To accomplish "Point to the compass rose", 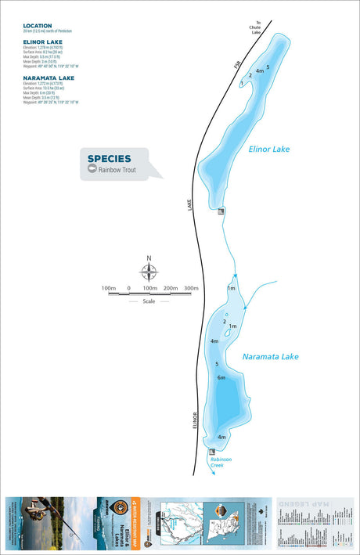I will (x=149, y=272).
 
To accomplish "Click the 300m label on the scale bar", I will (x=191, y=289).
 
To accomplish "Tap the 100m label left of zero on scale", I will (x=109, y=289).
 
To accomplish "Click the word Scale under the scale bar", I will (x=149, y=301).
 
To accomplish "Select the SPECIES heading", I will (x=109, y=158).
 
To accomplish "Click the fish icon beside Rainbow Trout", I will (x=92, y=169).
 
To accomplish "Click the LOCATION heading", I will (x=38, y=25).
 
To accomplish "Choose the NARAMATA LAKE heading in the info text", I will (x=48, y=77).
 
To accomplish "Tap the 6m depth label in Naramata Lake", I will (x=221, y=379).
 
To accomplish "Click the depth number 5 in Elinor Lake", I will (x=268, y=67).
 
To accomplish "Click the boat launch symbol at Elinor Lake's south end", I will (x=221, y=210).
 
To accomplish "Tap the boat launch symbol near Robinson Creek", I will (x=211, y=452).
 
